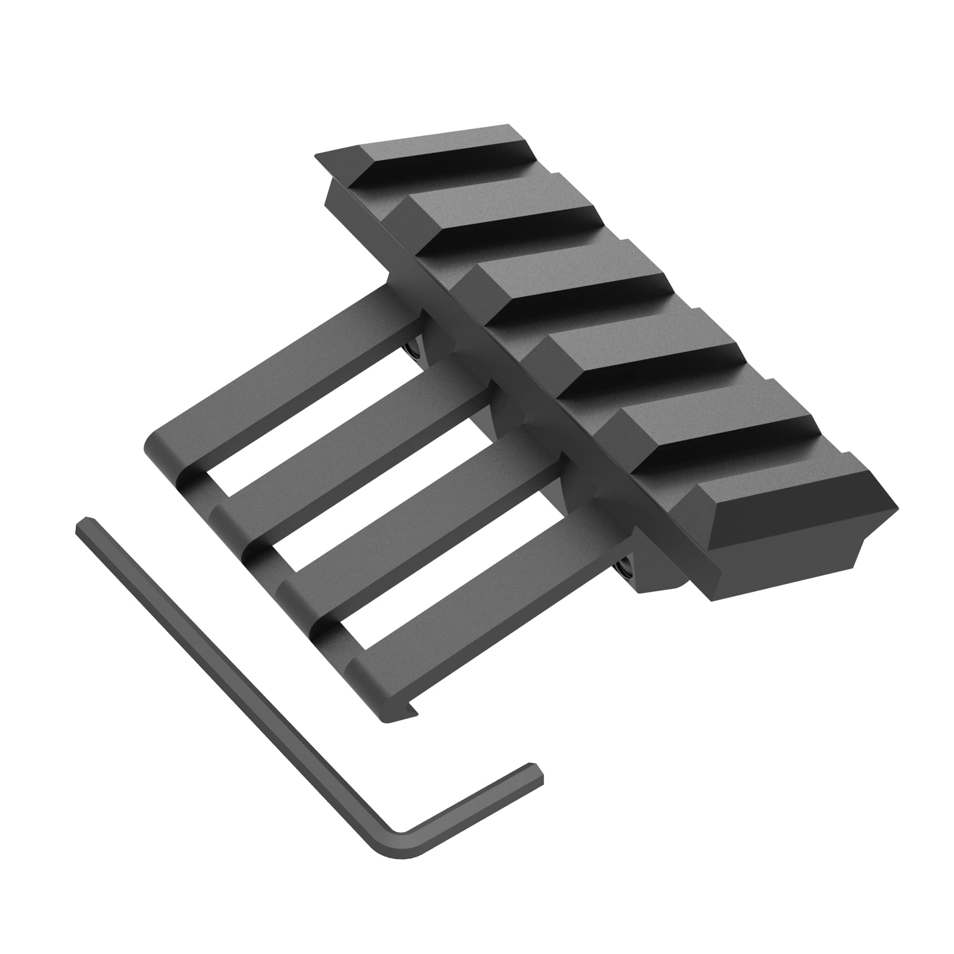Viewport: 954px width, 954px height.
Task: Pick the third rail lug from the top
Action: click(573, 286)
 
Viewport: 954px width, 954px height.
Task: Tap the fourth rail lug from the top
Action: click(642, 355)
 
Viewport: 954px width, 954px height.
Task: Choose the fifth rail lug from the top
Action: click(716, 425)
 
